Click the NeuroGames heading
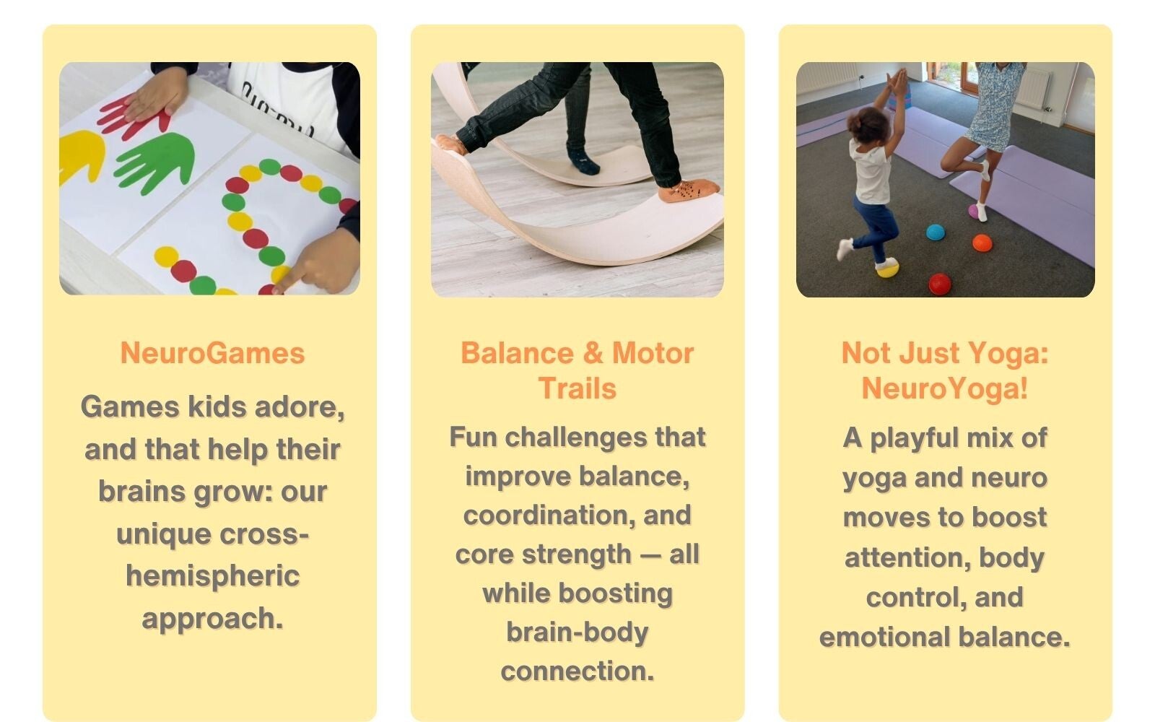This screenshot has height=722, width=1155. point(212,353)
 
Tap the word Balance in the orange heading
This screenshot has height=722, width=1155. point(517,353)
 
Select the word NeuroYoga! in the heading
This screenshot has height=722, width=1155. point(945,388)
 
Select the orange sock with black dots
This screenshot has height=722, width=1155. point(689,191)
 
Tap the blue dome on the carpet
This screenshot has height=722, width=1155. point(935,232)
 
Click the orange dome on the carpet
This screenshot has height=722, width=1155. point(982,243)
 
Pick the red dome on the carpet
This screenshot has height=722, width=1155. point(940,284)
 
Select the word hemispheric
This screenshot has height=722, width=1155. point(212,576)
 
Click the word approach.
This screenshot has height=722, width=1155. point(212,619)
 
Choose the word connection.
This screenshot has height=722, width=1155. point(577,671)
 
